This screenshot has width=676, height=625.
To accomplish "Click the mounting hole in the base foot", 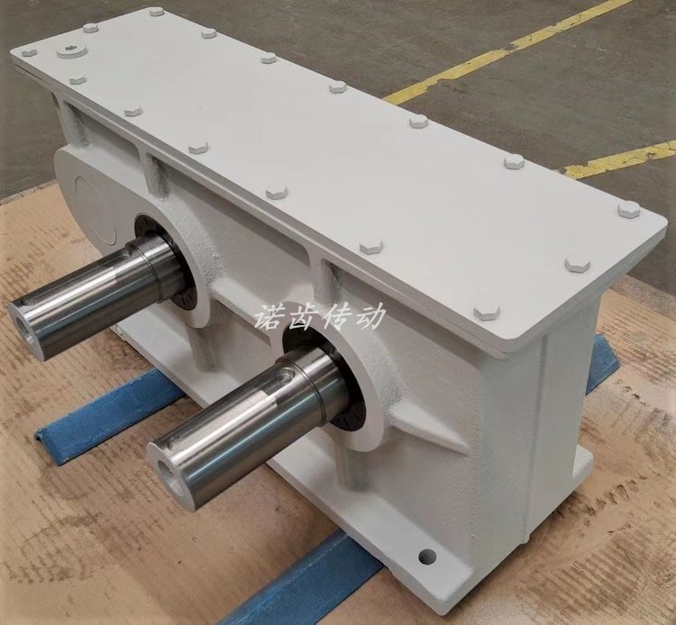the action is [427, 556].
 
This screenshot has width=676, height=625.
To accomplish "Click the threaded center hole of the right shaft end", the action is [165, 470].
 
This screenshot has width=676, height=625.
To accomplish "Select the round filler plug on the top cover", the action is [72, 51].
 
